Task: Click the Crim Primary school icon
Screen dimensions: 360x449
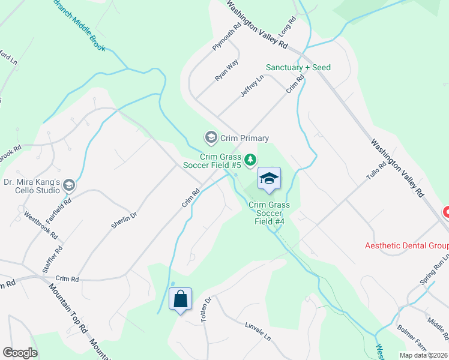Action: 211,138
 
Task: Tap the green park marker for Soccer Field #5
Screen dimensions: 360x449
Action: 250,160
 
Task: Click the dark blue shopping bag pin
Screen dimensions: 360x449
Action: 181,299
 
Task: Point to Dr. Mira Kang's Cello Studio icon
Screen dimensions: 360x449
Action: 69,185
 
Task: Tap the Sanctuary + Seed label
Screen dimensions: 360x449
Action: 298,68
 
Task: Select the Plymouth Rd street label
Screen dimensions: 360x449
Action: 226,37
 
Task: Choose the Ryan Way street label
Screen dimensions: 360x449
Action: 227,70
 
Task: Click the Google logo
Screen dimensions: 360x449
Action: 20,353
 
